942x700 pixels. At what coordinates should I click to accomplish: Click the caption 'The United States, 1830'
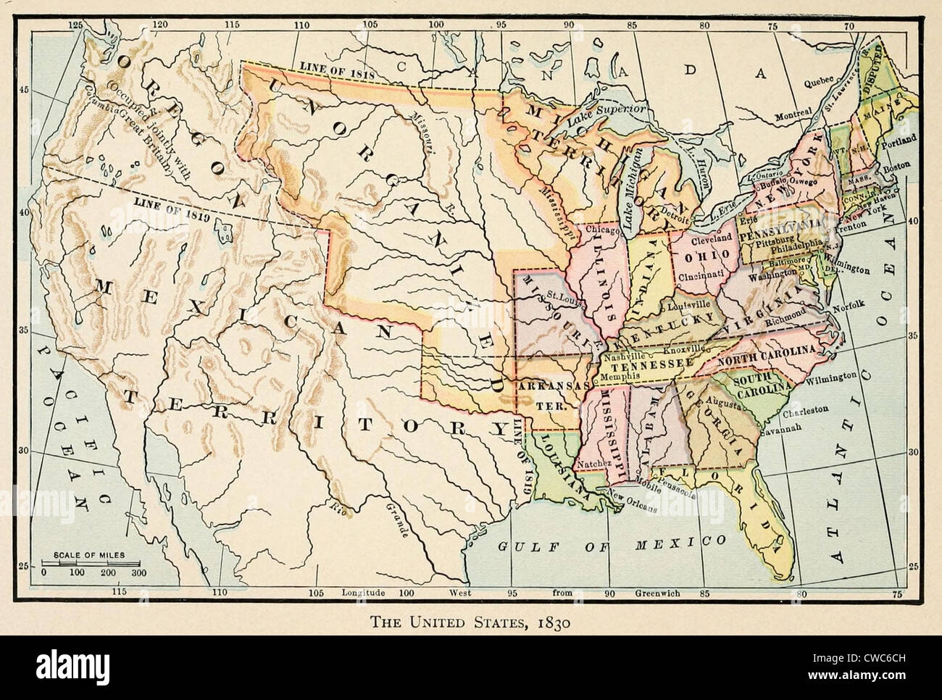click(470, 621)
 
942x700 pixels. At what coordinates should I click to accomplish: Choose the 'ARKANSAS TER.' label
click(546, 395)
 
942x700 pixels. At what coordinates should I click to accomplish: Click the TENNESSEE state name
click(637, 368)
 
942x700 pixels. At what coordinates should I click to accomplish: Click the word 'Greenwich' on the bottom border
click(657, 592)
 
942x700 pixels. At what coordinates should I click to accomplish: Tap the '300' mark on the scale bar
click(138, 572)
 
